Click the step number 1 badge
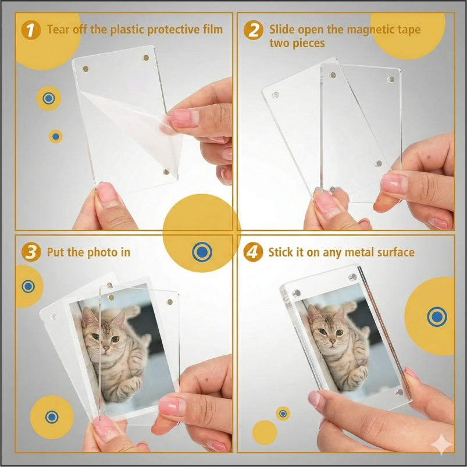(31, 30)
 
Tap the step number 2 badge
(253, 30)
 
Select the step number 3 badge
(31, 252)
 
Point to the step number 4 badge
(253, 252)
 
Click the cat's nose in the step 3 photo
(106, 348)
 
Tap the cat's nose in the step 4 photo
(331, 341)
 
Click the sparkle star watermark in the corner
(441, 444)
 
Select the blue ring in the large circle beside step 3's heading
(202, 252)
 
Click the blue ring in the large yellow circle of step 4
(437, 317)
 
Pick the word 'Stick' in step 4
(281, 252)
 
